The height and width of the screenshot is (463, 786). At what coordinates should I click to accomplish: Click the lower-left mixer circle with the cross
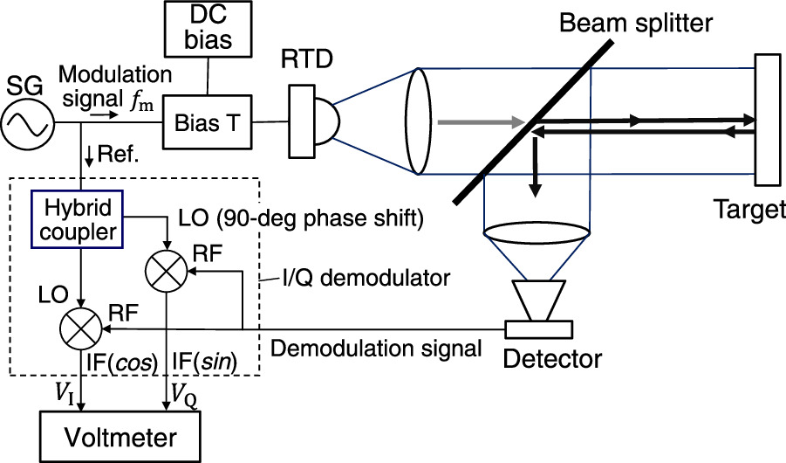tap(80, 330)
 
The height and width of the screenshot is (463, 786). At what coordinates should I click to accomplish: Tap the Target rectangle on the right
tap(768, 121)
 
